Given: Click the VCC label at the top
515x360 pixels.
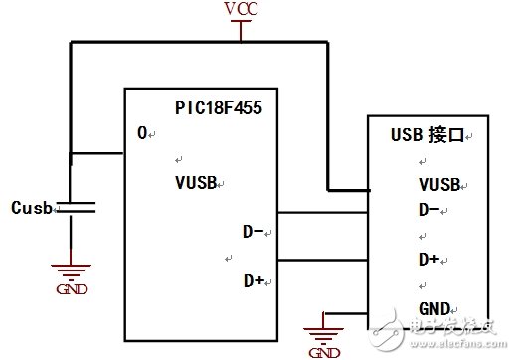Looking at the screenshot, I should [x=240, y=9].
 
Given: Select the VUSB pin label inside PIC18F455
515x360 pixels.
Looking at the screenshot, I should [x=195, y=183].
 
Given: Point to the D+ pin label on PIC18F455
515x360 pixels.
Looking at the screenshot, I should [x=256, y=281].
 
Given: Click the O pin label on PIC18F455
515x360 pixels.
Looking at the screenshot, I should [x=142, y=132].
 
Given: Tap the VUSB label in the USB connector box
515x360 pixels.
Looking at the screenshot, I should [x=437, y=184].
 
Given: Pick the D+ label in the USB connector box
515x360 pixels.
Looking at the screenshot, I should [x=429, y=259].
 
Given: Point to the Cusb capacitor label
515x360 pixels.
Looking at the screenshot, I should [x=32, y=208].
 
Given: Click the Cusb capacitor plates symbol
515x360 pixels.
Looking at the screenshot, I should [x=72, y=207].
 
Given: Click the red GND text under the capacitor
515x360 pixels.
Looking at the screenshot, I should [x=72, y=289].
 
